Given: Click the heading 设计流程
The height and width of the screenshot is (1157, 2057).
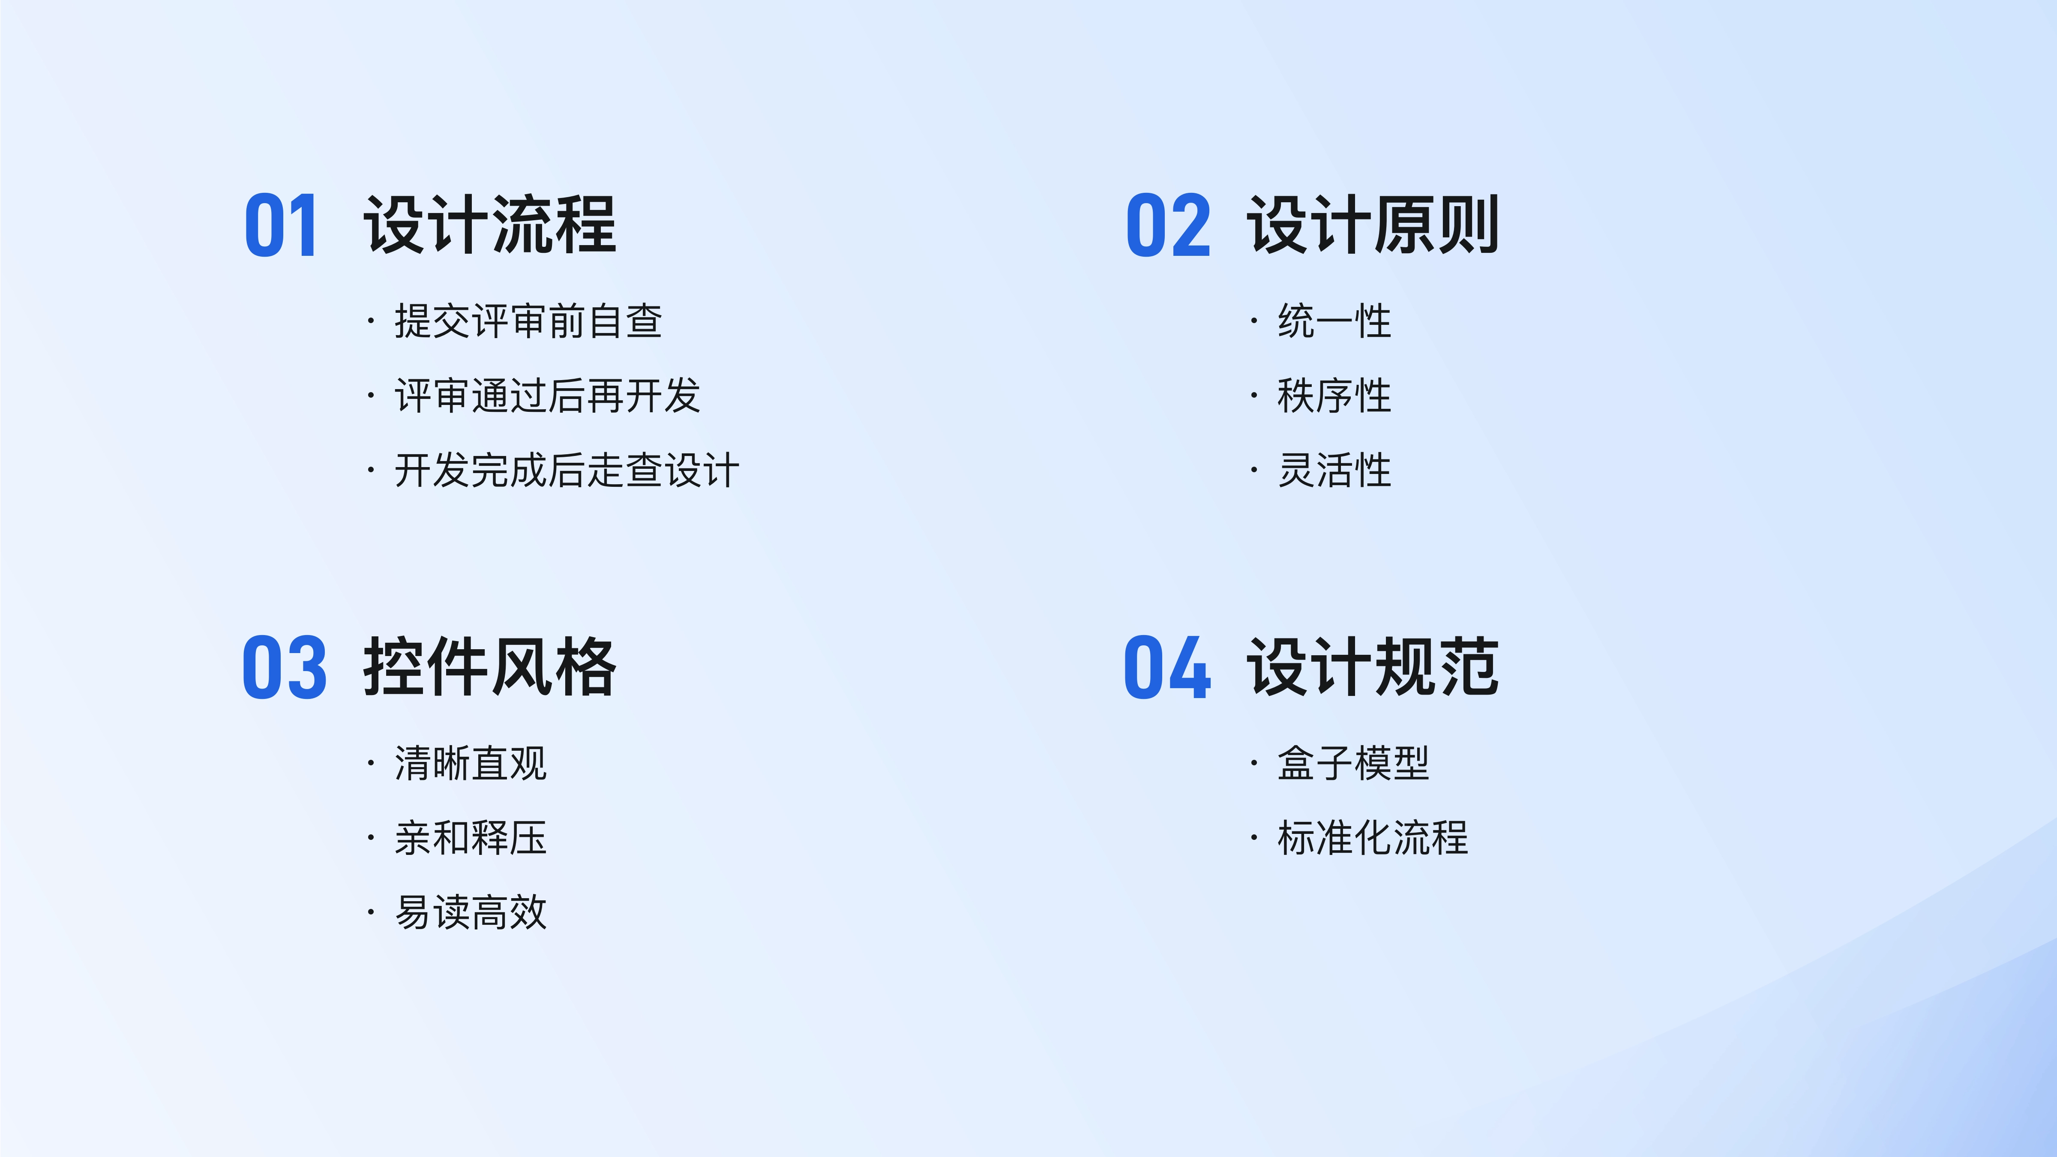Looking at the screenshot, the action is (x=490, y=225).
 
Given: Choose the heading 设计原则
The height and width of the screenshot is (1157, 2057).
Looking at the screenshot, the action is (x=1373, y=225).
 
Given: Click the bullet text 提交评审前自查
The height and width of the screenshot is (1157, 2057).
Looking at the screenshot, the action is (x=529, y=321).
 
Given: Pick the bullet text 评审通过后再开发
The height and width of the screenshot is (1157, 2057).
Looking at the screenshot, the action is (x=548, y=395).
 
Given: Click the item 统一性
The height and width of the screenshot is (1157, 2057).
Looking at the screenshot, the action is (x=1334, y=321).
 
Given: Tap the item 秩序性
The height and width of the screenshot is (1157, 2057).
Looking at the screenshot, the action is (x=1334, y=395).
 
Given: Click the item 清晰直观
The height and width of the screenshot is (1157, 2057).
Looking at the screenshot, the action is (x=471, y=763).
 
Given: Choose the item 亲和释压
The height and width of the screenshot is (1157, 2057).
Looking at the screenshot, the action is (x=471, y=838).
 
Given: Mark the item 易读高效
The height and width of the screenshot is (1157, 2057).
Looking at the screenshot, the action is (x=471, y=912).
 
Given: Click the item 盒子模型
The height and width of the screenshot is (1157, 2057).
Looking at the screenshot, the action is (x=1353, y=763).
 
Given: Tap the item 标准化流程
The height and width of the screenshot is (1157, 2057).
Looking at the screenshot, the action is (x=1373, y=838).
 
